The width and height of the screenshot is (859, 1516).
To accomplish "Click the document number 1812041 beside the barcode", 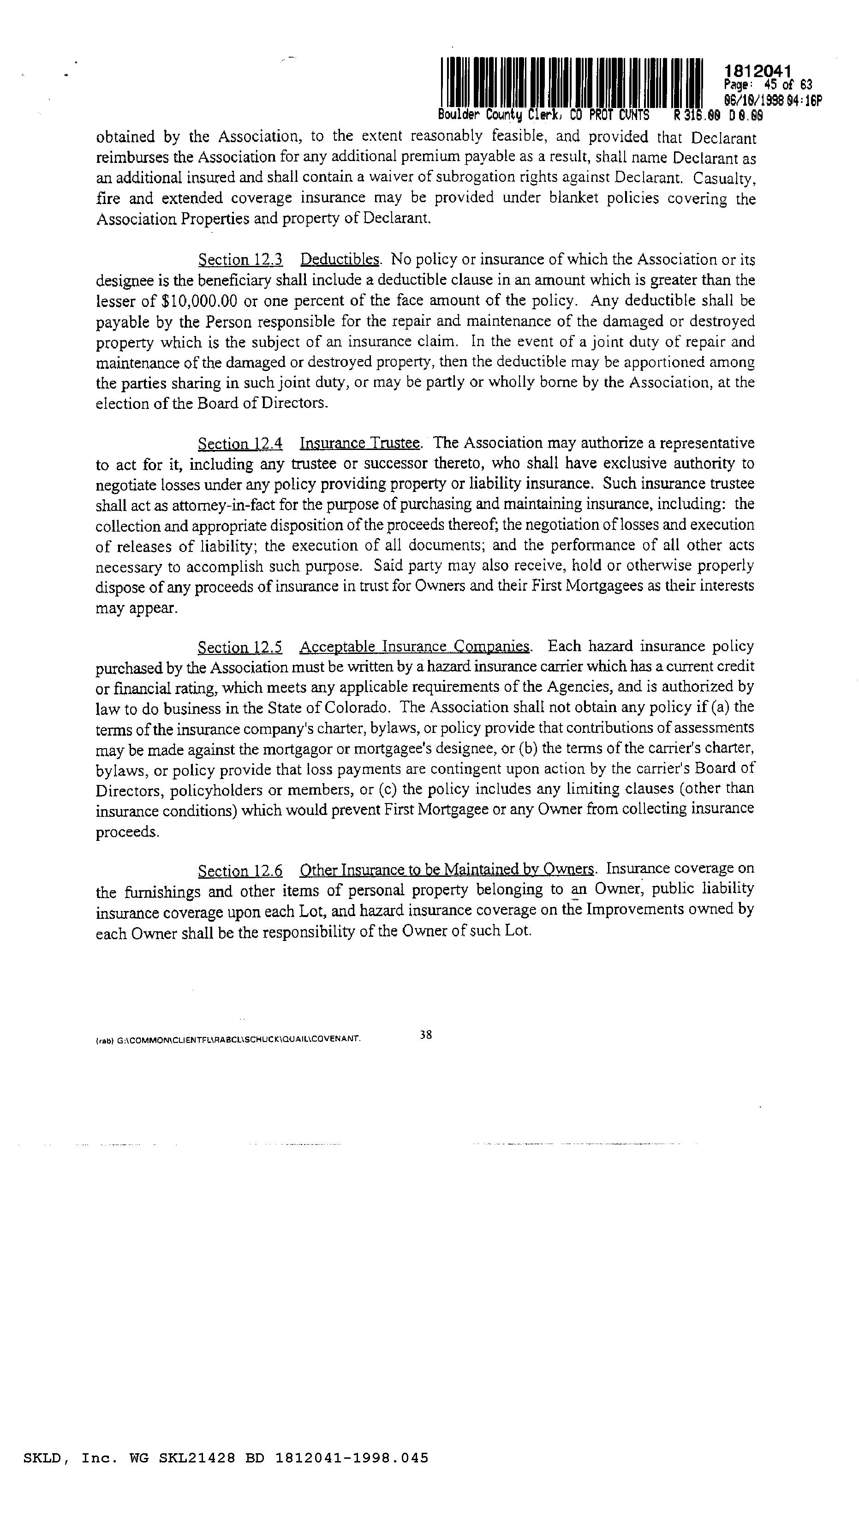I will [757, 72].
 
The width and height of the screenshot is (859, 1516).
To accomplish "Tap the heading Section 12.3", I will [240, 260].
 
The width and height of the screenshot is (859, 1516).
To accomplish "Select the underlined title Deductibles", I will [340, 260].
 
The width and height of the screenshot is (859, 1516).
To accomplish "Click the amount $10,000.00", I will [199, 301].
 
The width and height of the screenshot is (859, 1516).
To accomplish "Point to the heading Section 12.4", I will [240, 443].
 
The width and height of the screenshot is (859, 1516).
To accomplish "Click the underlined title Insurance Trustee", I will [360, 443].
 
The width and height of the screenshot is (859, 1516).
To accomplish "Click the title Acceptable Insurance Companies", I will [415, 647].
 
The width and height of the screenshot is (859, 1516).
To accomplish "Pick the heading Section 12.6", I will [240, 870].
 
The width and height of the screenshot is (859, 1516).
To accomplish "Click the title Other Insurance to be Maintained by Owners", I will [447, 870].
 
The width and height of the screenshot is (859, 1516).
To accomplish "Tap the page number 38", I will [426, 1035].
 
